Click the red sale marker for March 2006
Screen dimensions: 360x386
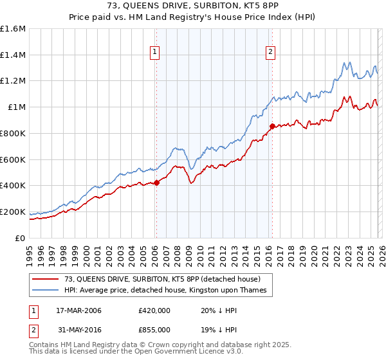156,183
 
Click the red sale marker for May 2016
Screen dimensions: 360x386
272,126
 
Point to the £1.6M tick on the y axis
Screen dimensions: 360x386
13,29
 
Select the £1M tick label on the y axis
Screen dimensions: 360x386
16,107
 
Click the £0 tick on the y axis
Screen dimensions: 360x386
21,238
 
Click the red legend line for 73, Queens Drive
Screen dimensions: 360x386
46,279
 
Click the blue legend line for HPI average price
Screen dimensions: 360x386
46,291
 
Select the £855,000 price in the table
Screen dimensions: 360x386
154,329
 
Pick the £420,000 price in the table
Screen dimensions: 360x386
154,310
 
